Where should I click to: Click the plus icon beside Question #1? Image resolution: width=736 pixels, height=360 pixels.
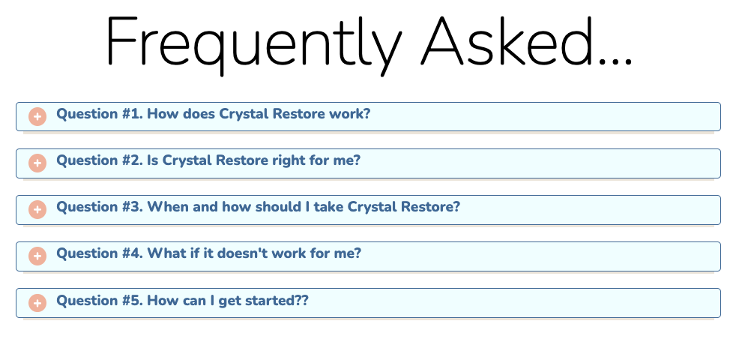click(37, 116)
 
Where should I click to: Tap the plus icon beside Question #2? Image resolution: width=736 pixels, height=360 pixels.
click(37, 163)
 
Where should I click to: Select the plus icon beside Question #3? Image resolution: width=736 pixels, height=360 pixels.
click(37, 209)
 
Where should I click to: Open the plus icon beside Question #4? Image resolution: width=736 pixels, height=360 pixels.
click(37, 256)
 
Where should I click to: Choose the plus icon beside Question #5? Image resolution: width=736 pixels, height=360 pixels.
click(37, 303)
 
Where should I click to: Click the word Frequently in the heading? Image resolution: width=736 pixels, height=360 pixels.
click(254, 45)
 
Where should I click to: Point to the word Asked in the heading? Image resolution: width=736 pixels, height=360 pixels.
click(507, 40)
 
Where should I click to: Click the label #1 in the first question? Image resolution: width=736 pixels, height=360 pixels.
click(133, 114)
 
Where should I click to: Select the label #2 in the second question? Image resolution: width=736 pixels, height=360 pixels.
click(133, 160)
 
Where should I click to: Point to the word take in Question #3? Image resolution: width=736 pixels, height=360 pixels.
click(328, 207)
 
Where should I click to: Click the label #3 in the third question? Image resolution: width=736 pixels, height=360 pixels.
click(133, 207)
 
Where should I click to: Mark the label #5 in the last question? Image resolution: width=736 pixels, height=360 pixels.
click(133, 300)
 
